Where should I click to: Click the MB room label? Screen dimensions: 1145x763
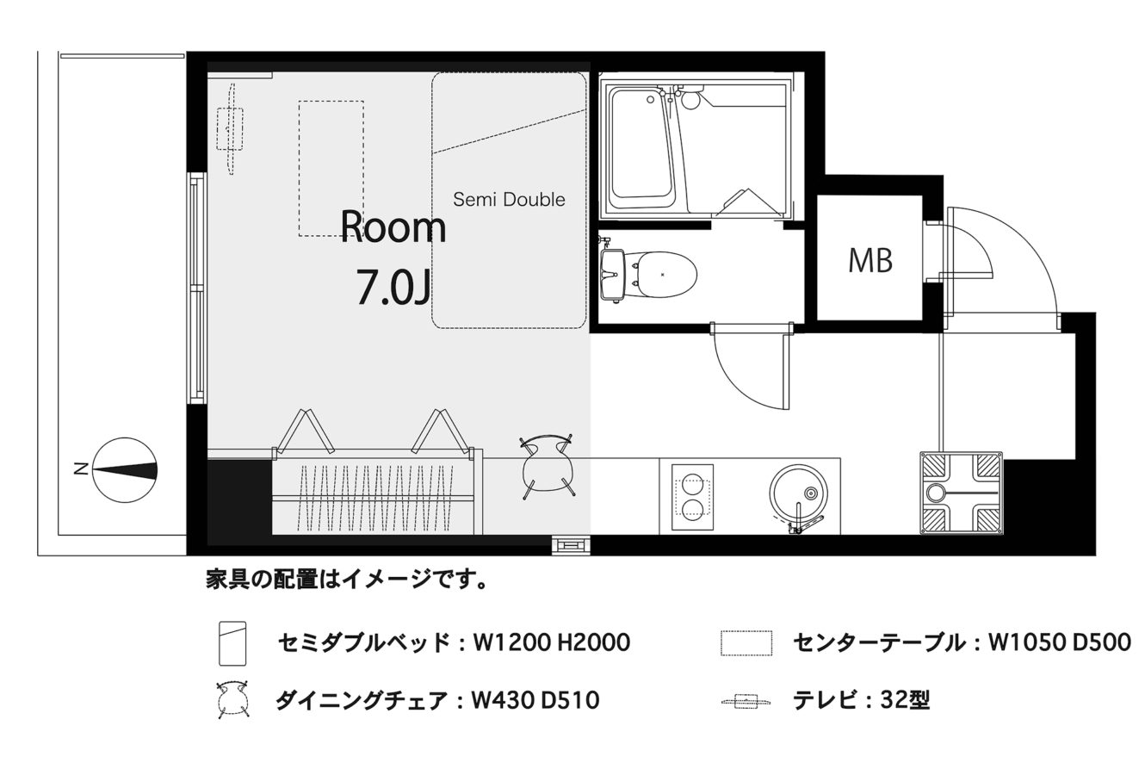pos(870,261)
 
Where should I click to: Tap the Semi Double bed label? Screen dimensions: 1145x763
pos(509,200)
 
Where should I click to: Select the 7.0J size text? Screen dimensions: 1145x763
pos(393,288)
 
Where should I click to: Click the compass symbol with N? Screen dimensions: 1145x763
pos(125,470)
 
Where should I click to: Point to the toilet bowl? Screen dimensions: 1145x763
pos(664,275)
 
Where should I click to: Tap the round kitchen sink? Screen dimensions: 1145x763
pos(797,493)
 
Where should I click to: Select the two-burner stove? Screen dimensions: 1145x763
pos(693,497)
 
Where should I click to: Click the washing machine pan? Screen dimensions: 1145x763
pos(962,493)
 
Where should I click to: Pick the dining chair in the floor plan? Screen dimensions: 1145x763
pos(547,466)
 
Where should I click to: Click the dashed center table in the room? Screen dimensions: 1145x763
pos(331,168)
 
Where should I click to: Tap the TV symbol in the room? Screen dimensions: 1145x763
pos(231,129)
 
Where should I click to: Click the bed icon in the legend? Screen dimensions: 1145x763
pos(232,643)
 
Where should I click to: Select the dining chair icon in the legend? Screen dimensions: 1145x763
pos(232,700)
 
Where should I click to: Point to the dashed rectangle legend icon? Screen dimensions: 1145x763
pos(746,642)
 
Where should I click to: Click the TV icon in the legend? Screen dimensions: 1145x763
pos(746,701)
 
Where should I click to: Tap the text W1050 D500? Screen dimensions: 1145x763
pos(1060,642)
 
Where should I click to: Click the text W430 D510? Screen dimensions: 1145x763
pos(535,700)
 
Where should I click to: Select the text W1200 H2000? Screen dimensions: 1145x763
pos(552,642)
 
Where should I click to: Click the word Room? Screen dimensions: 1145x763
pos(393,226)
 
